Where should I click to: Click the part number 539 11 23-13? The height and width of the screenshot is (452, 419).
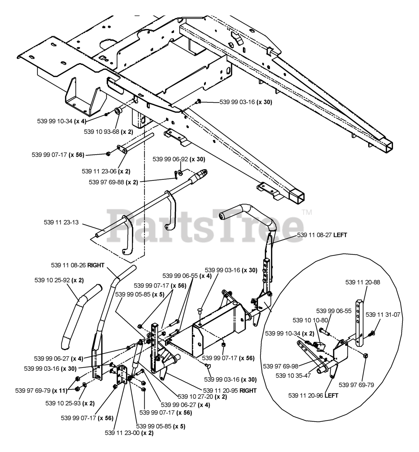pos(61,222)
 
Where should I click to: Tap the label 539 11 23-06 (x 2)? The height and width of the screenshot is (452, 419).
pos(106,171)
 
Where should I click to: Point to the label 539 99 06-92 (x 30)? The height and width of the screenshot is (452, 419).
pos(179,159)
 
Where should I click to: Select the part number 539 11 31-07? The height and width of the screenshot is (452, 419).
pos(383,315)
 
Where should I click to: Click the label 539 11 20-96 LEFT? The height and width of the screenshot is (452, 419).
pos(313,395)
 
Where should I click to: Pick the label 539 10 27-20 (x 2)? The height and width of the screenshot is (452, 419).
pos(202,397)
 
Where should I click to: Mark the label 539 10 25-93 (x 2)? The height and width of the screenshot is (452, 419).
pos(70,403)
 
